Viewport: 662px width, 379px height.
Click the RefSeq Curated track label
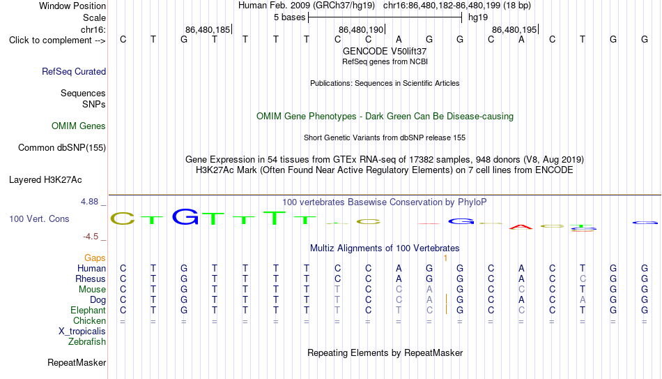coord(74,71)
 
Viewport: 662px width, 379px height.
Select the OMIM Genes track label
coord(79,126)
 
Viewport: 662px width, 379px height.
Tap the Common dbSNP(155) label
coord(62,148)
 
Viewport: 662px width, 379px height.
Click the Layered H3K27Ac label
coord(45,180)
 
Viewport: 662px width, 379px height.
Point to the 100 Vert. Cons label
coord(39,218)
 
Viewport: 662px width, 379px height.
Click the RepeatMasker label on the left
coord(77,362)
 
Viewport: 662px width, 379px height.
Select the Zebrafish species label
coord(87,341)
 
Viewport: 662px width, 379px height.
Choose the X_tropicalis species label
coord(82,332)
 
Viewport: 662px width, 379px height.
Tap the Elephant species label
coord(88,310)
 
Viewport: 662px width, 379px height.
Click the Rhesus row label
coord(91,278)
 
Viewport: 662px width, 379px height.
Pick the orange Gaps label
coord(95,258)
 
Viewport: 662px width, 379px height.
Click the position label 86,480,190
coord(361,29)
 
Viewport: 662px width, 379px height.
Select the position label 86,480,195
coord(514,29)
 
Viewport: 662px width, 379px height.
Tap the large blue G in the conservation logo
coord(185,216)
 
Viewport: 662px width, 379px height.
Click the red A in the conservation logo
coord(521,227)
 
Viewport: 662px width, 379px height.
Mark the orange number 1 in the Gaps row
coord(445,258)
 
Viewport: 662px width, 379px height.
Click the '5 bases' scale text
coord(290,17)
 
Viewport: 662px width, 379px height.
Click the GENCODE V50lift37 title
coord(385,51)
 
